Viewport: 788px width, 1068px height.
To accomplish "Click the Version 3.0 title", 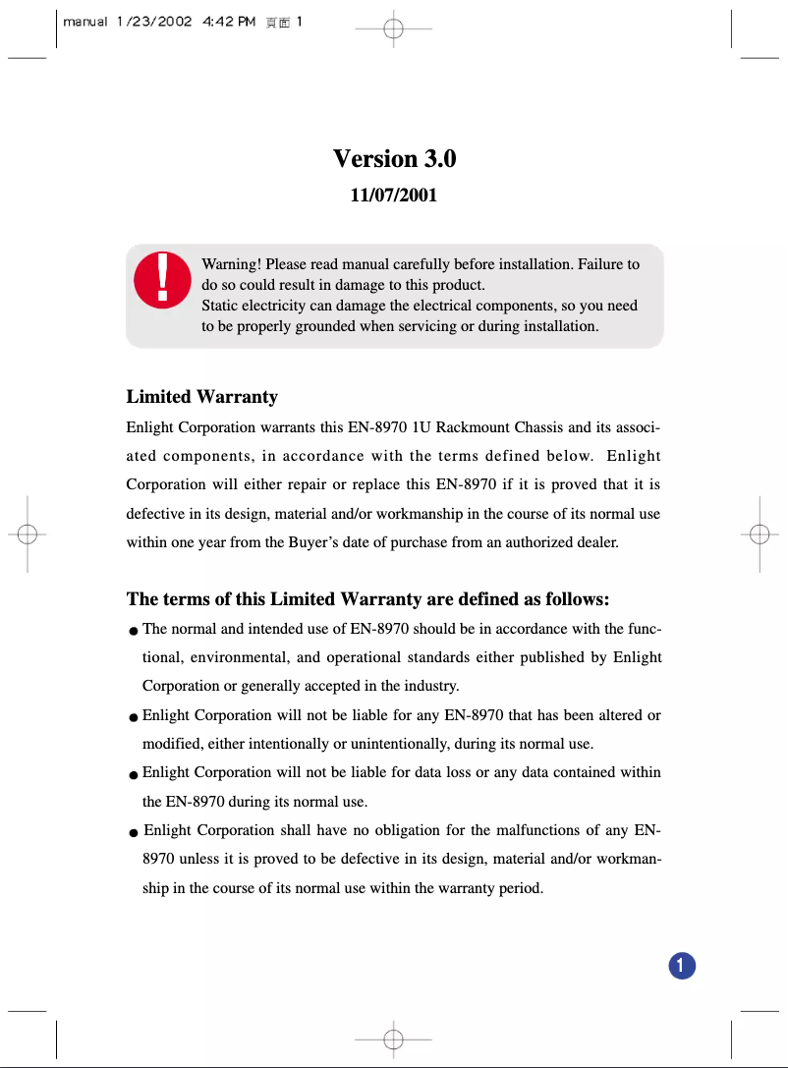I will (x=394, y=158).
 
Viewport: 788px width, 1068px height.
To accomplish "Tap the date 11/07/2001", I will (x=394, y=196).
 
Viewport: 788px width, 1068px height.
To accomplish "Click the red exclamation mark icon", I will (x=162, y=278).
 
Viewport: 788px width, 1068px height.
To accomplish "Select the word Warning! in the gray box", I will (x=231, y=264).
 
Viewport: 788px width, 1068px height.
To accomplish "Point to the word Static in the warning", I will (x=222, y=306).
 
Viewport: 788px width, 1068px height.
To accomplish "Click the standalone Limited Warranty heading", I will (x=202, y=397).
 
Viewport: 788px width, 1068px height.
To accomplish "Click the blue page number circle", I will (x=682, y=965).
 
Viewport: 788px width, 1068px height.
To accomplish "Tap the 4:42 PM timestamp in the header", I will (x=228, y=22).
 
